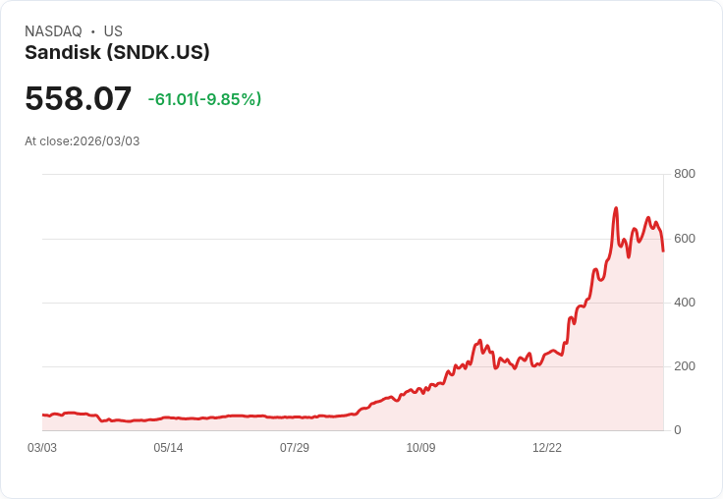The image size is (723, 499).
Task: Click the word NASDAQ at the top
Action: [x=53, y=31]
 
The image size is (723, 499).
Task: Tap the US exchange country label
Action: [x=113, y=31]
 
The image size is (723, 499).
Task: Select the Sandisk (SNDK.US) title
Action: [x=117, y=53]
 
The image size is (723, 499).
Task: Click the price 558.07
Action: [x=78, y=99]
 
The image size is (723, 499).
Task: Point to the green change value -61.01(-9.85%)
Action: [x=204, y=99]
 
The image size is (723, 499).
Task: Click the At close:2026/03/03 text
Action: [x=83, y=140]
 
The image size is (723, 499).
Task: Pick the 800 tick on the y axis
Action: [x=685, y=174]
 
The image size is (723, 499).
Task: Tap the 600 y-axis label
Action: [x=685, y=239]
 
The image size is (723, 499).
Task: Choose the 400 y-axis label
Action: [x=685, y=303]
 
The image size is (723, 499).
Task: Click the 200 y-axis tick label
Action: [x=685, y=366]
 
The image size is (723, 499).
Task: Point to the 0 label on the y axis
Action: [x=678, y=430]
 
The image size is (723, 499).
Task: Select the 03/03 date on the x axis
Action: [x=42, y=448]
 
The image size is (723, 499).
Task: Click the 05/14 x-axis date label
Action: [x=168, y=448]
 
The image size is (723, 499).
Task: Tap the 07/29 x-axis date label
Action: [x=295, y=448]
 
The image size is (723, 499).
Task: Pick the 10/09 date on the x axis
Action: [x=420, y=448]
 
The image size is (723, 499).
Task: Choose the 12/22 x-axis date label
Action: [x=547, y=448]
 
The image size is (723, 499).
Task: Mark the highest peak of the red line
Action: [x=616, y=208]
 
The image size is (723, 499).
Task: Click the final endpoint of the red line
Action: [x=663, y=250]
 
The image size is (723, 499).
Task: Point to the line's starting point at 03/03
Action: [x=43, y=416]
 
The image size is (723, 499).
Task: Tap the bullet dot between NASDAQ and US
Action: [x=93, y=31]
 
